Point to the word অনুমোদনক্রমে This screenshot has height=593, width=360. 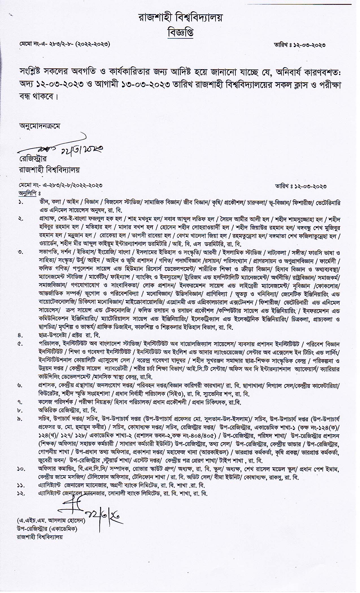click(40, 126)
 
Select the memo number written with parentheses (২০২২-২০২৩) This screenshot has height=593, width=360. click(64, 45)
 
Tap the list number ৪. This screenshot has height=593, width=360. click(21, 335)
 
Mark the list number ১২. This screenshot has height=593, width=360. click(21, 493)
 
